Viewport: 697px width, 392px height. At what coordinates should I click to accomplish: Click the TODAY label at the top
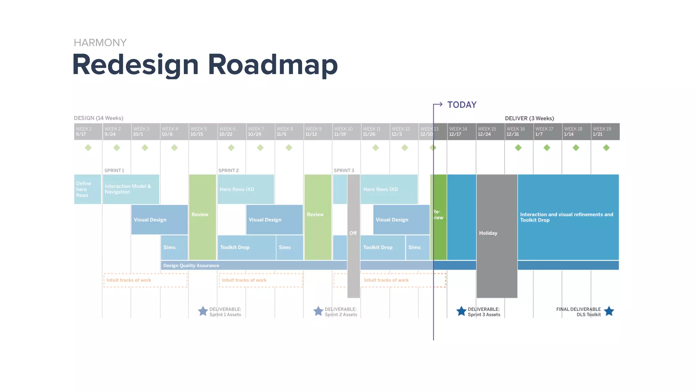coord(461,105)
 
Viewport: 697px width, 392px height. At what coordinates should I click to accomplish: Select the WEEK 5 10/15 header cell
coord(203,132)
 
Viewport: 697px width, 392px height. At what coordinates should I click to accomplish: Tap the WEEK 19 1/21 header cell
coord(605,132)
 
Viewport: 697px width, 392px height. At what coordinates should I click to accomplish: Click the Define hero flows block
coord(87,189)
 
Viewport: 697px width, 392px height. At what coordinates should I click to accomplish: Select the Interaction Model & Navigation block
coord(131,189)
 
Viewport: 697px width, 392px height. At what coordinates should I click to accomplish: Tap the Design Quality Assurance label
coord(191,265)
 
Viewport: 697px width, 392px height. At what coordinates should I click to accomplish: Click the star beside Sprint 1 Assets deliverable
coord(203,311)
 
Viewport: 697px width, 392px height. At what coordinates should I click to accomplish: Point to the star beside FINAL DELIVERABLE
coord(609,311)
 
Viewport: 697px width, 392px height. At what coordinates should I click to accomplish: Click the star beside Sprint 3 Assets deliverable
coord(461,311)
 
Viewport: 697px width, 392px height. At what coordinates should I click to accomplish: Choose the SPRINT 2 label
coord(228,170)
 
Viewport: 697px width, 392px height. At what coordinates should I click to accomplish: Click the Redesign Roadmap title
coord(205,65)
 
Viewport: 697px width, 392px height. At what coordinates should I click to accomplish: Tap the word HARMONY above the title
coord(100,43)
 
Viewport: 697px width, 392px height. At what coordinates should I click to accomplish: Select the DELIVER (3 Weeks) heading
coord(529,118)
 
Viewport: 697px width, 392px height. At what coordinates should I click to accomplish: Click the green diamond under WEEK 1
coord(88,148)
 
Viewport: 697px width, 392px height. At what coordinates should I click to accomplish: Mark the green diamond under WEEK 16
coord(518,148)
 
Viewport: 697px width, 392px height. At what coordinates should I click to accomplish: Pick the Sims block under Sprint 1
coord(174,247)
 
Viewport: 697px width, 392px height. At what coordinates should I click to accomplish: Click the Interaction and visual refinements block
coord(568,217)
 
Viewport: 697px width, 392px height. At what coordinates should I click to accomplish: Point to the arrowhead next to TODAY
coord(440,104)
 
